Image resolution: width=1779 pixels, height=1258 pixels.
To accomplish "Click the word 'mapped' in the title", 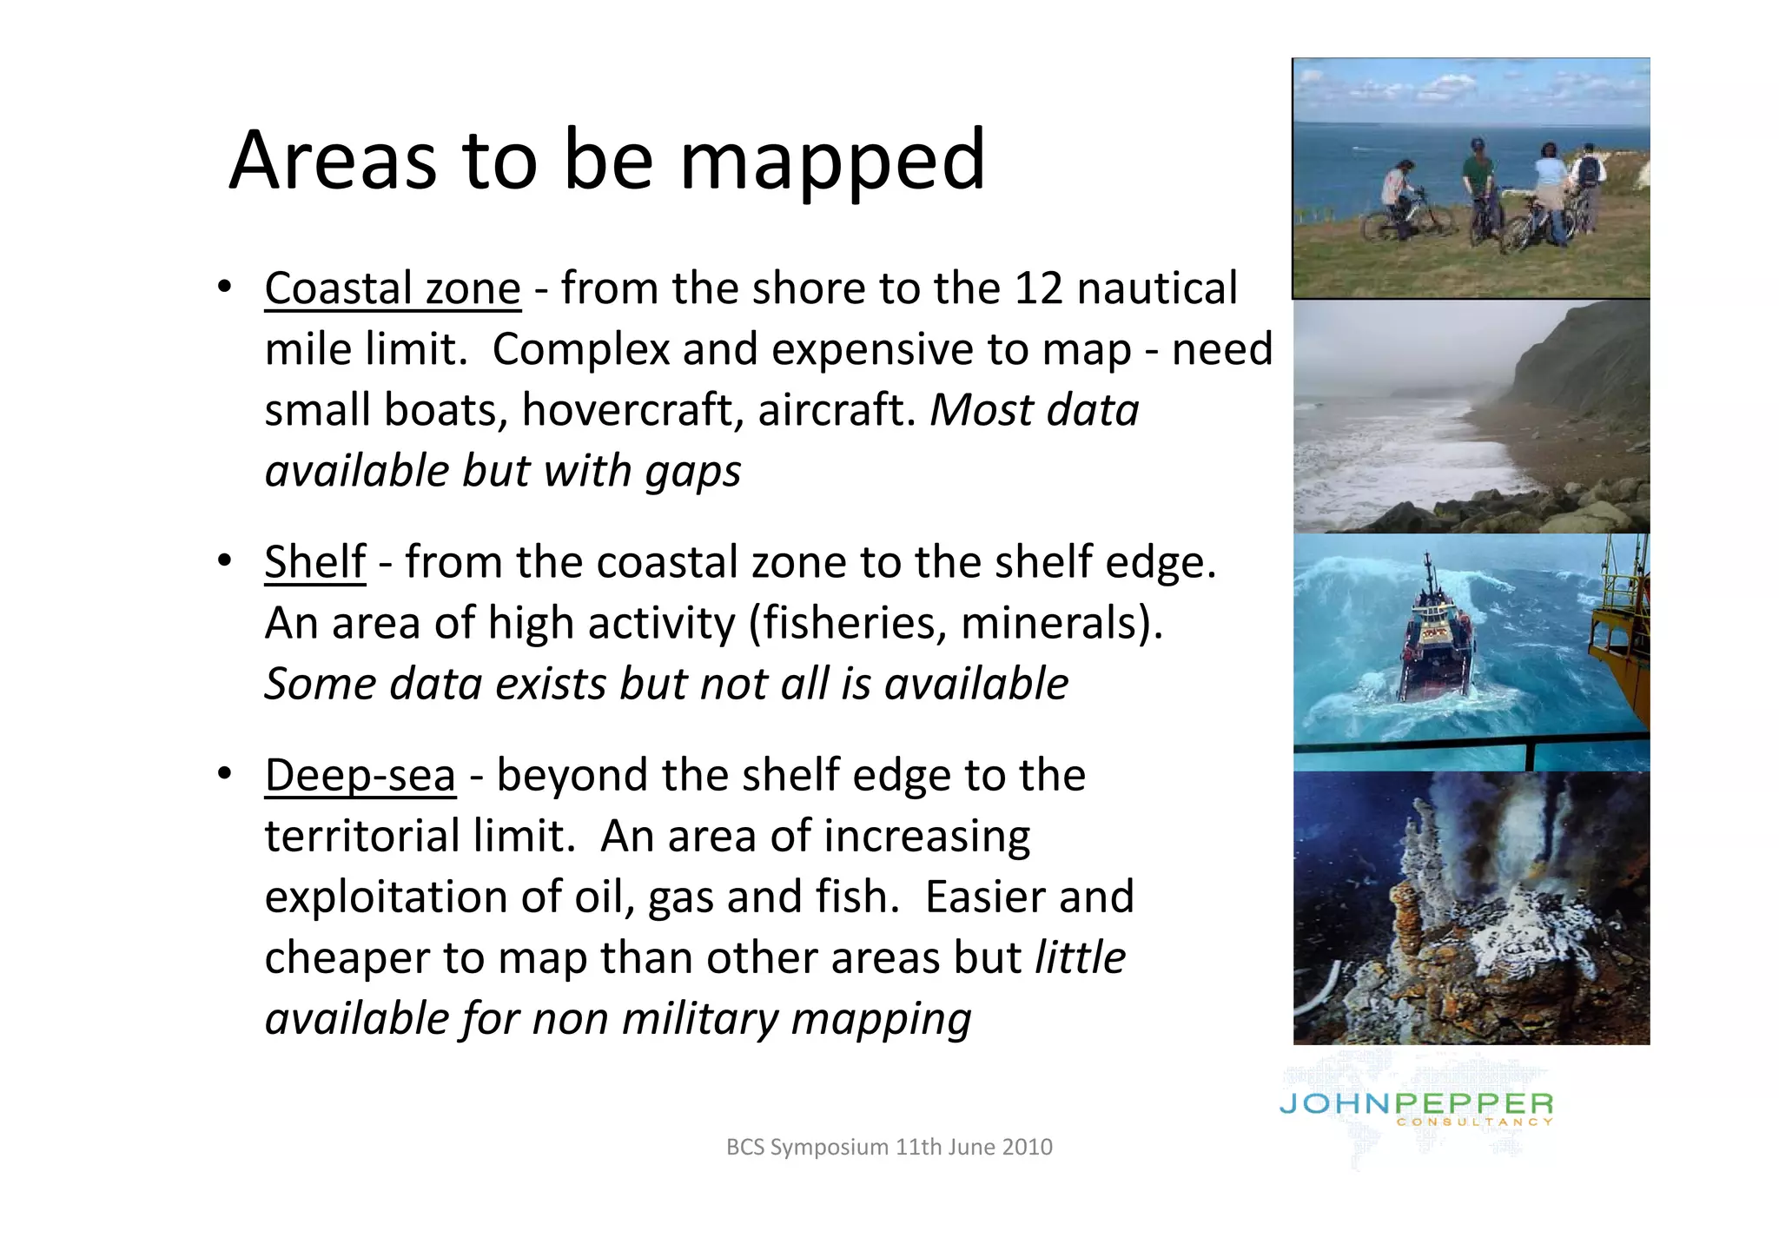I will click(831, 161).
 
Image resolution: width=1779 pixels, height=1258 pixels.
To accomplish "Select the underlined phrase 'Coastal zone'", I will click(393, 288).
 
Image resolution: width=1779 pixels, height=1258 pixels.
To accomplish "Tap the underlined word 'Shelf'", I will click(314, 562).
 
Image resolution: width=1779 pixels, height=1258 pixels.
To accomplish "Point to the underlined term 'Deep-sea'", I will click(360, 775).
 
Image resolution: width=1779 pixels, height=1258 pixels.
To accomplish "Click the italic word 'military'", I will click(700, 1018).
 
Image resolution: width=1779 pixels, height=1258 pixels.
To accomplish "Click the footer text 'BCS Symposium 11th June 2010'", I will click(889, 1147).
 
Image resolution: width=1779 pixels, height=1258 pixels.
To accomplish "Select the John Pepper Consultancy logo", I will click(1416, 1109).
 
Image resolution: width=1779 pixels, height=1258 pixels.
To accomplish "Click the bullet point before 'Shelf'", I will click(225, 560).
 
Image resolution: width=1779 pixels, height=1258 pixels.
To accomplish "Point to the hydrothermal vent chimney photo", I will click(1470, 907).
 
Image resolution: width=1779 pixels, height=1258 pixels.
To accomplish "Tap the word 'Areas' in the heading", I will click(333, 161).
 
